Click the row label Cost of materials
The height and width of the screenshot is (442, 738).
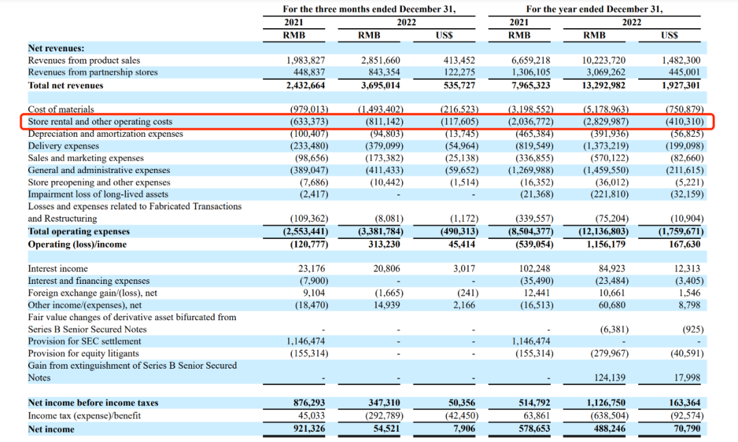(61, 109)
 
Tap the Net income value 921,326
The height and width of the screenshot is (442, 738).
(307, 429)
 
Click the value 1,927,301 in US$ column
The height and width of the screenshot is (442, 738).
(681, 86)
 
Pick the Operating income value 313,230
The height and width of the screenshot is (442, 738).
(383, 244)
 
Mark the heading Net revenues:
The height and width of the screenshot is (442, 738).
(56, 48)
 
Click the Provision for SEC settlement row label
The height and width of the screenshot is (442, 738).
(88, 341)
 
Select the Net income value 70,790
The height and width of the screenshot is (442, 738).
(686, 429)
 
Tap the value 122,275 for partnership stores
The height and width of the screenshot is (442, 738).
(459, 73)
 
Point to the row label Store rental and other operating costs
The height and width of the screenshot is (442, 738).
(100, 122)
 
